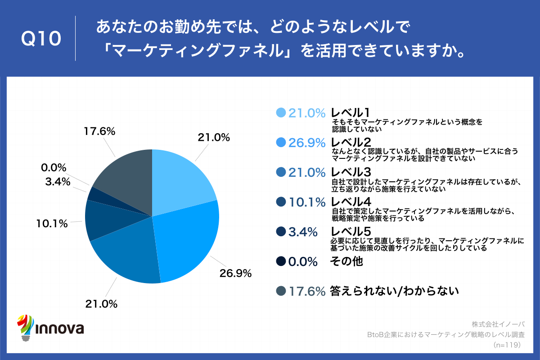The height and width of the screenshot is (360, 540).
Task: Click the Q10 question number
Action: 41,39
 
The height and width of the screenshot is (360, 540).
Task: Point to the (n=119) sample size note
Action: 507,345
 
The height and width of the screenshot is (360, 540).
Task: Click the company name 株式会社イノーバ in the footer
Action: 499,324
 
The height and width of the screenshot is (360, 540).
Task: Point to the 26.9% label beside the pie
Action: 235,273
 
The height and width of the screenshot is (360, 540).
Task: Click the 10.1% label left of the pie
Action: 52,223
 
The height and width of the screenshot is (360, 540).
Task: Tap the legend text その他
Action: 346,261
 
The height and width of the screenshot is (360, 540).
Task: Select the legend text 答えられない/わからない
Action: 394,291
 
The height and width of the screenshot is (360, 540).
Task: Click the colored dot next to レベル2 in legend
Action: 280,143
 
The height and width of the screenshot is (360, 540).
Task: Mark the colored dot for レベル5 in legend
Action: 280,232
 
